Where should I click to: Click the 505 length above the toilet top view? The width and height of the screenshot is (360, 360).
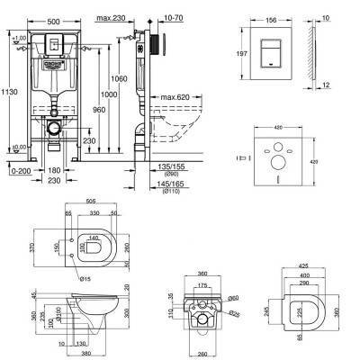pos(90,202)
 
